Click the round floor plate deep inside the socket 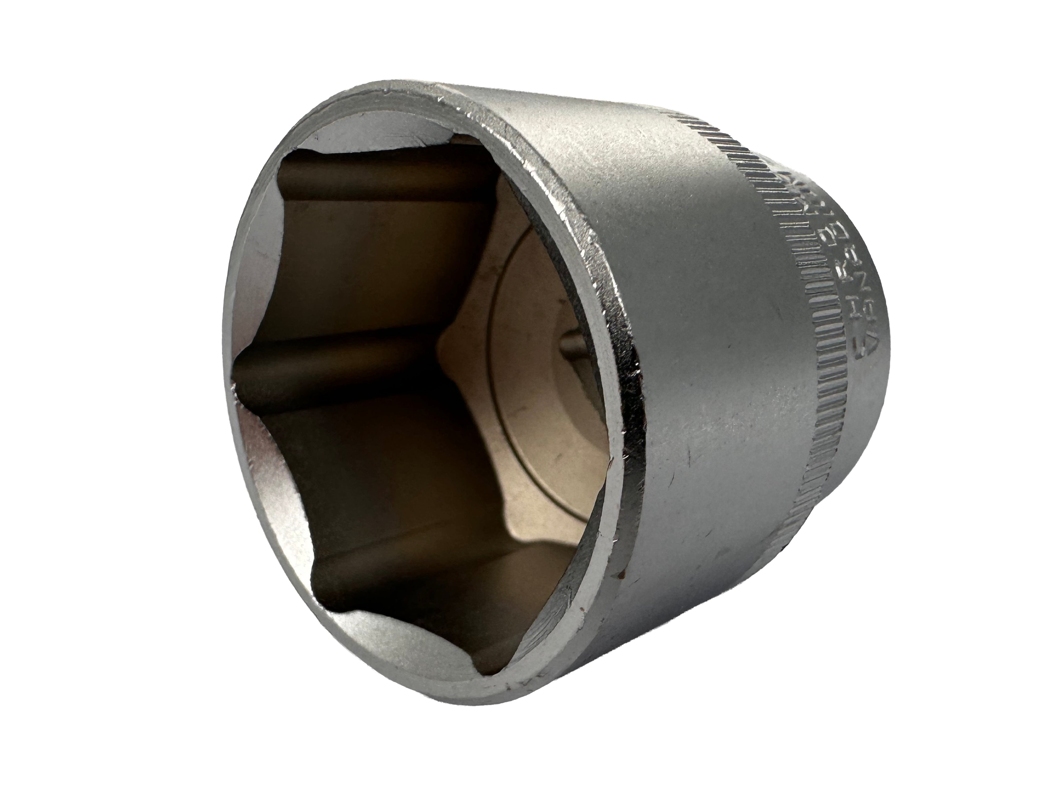(x=538, y=384)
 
